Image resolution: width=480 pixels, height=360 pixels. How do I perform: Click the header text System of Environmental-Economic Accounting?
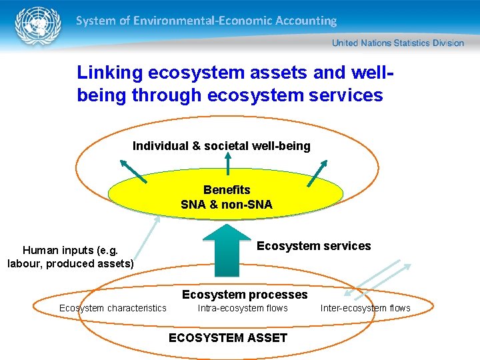[206, 21]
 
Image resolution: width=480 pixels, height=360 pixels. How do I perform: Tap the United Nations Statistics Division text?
[397, 43]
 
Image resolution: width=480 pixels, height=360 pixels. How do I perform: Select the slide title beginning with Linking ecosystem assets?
[230, 83]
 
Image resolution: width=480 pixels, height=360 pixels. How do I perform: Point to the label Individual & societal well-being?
[221, 146]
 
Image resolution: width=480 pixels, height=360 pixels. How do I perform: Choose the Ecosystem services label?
[313, 246]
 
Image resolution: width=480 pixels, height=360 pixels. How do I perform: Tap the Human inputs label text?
[71, 257]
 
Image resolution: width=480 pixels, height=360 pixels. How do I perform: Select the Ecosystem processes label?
[245, 295]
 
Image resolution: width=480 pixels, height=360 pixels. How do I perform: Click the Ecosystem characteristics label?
[113, 308]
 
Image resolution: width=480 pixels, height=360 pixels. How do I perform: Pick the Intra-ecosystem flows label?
[243, 308]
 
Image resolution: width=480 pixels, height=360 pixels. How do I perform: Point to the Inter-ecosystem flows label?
[365, 308]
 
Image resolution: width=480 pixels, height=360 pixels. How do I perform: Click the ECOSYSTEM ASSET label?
[228, 338]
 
